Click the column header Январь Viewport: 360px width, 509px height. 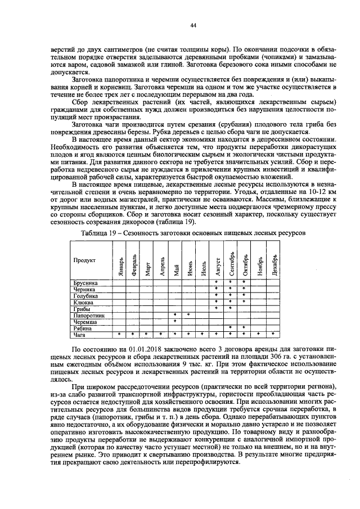pyautogui.click(x=120, y=261)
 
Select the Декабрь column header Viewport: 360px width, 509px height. pyautogui.click(x=273, y=261)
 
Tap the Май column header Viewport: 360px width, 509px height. pyautogui.click(x=176, y=261)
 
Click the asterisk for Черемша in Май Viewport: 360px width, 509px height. pyautogui.click(x=175, y=322)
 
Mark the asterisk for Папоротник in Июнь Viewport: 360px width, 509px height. pyautogui.click(x=188, y=316)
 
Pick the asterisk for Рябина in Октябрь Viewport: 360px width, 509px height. pyautogui.click(x=244, y=328)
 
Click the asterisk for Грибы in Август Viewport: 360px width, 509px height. pyautogui.click(x=217, y=309)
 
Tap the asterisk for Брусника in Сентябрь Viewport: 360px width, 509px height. pyautogui.click(x=230, y=282)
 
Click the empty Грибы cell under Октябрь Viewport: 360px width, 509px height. pyautogui.click(x=244, y=309)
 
